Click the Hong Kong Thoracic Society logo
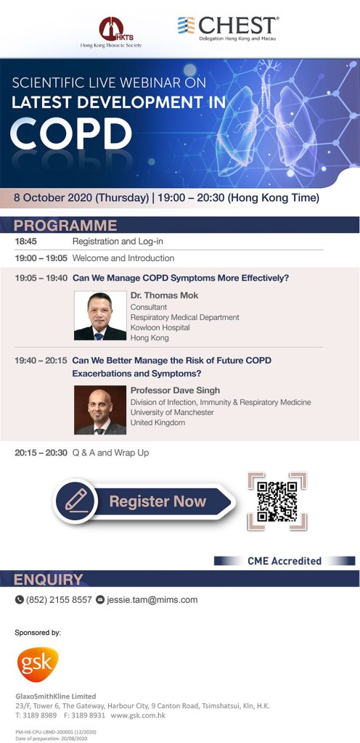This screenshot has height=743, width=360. coord(111,32)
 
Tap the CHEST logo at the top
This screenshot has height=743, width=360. coord(228,28)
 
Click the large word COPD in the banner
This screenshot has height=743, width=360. coord(71,134)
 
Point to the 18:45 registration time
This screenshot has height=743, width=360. coord(25,241)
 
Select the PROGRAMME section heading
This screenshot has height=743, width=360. coord(65,225)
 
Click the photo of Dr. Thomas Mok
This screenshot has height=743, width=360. coord(100,316)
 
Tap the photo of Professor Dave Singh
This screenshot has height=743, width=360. coord(100,410)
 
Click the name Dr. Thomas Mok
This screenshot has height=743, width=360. coord(164,295)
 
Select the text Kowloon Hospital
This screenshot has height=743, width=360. coord(160,327)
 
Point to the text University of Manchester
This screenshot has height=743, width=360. coord(172,412)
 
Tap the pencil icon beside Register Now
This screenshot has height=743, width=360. coord(75,501)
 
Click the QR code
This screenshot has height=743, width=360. coord(277,501)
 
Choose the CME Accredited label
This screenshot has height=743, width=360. coord(285,561)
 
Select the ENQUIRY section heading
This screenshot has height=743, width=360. coord(48,579)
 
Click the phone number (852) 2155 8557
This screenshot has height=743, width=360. coord(59,600)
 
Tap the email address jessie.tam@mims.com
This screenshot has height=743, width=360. coord(152,600)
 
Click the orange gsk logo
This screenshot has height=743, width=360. coord(38,665)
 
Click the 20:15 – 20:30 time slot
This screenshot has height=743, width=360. coord(41,453)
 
